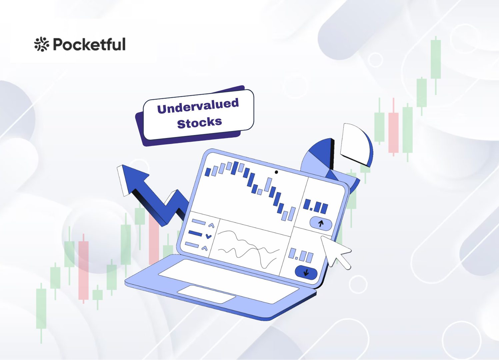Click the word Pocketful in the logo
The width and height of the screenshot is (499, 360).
click(89, 45)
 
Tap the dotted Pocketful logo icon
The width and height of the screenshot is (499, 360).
click(42, 44)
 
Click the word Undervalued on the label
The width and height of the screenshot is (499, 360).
click(198, 106)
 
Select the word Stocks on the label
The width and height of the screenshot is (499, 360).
click(199, 123)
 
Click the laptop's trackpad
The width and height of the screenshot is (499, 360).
click(206, 294)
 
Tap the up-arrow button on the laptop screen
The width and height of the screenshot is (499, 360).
click(321, 223)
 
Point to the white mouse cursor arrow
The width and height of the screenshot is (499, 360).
click(335, 251)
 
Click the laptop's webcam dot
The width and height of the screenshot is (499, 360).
click(276, 172)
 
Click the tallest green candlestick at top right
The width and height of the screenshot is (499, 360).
click(436, 59)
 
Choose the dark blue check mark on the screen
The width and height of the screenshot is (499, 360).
click(209, 236)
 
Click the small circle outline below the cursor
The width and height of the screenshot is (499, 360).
click(358, 284)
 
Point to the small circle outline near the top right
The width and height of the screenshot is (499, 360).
click(376, 60)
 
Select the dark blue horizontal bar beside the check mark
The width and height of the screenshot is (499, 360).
click(195, 233)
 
